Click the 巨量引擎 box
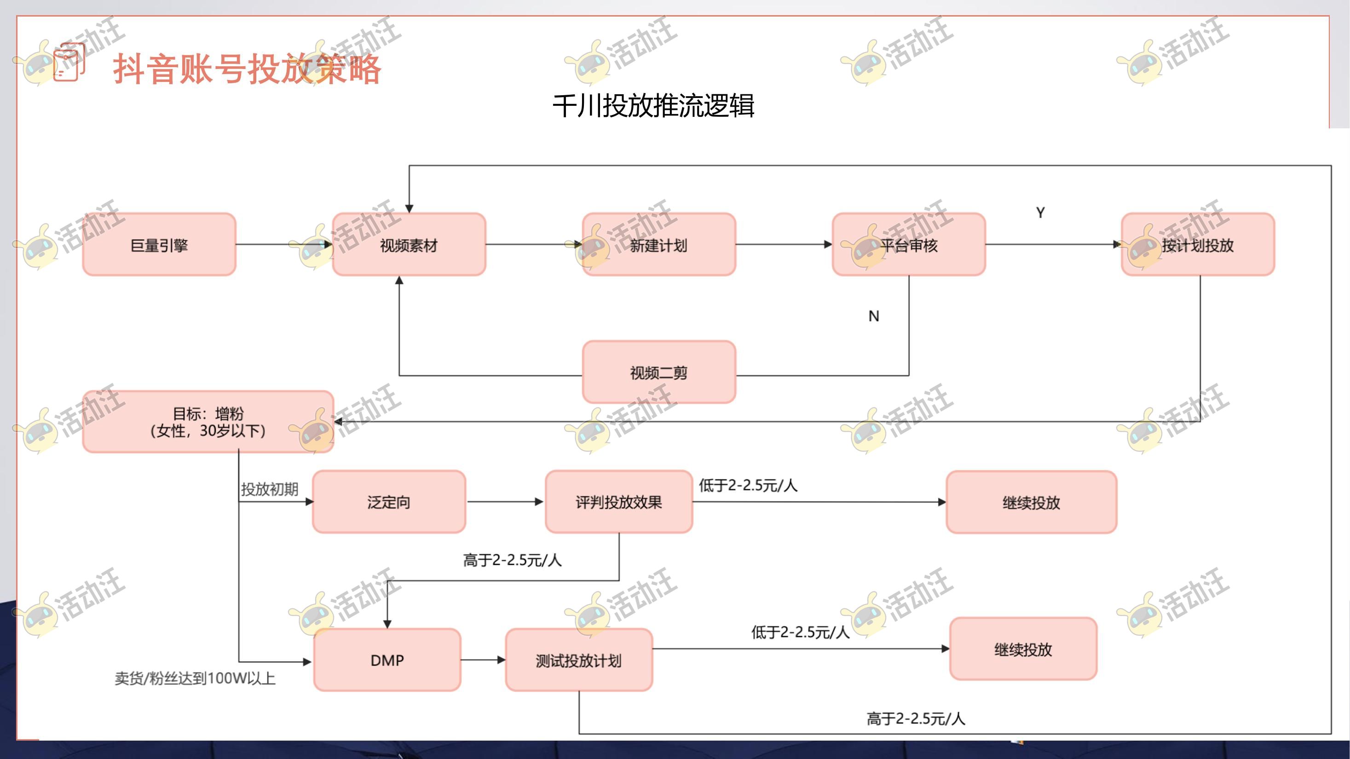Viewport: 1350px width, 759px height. [x=159, y=245]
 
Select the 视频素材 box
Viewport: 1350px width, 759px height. [x=409, y=245]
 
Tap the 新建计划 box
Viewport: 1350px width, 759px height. [x=659, y=245]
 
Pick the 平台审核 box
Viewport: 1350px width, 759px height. [x=909, y=245]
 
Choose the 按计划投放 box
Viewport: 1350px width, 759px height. [x=1198, y=245]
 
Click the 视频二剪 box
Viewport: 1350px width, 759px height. [x=659, y=373]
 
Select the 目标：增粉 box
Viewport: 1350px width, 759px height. [x=208, y=422]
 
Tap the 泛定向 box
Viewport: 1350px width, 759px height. [x=389, y=502]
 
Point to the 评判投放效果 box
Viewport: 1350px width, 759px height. [x=618, y=502]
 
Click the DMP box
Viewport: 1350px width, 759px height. [x=387, y=660]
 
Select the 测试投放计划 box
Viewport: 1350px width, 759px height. [x=578, y=660]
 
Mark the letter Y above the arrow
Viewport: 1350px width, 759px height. [x=1040, y=213]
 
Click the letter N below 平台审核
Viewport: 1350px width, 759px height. [x=874, y=316]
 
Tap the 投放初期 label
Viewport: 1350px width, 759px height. [x=269, y=489]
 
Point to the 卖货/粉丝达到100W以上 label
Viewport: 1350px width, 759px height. [x=195, y=678]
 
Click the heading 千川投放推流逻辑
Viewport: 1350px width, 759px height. [x=653, y=106]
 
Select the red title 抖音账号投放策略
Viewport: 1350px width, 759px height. [x=247, y=69]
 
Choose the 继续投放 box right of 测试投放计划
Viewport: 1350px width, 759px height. [x=1023, y=649]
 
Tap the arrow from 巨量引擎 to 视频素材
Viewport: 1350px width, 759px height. [x=283, y=245]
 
